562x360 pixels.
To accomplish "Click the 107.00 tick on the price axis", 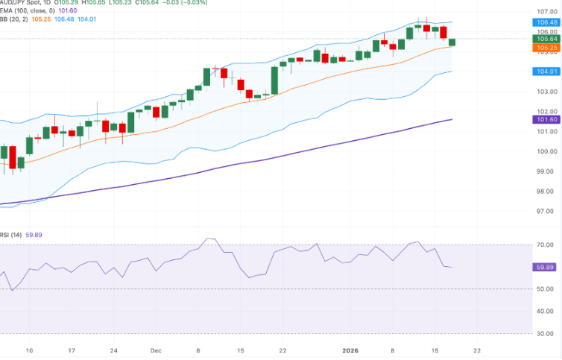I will [x=547, y=13].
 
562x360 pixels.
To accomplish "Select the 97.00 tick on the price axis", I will [x=547, y=212].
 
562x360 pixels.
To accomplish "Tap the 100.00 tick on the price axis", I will [x=547, y=151].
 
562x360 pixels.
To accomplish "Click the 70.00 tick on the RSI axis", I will [x=547, y=244].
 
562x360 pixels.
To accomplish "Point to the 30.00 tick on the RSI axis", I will [x=547, y=334].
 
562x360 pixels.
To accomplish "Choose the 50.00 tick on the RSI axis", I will [x=547, y=289].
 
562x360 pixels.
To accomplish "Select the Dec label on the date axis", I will [x=156, y=349].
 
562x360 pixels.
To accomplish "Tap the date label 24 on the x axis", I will [x=113, y=349].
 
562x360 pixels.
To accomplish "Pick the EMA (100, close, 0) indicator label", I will [x=28, y=10].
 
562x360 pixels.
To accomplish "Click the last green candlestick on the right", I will [x=452, y=42].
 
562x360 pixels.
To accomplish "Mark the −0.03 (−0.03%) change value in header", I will [x=182, y=2].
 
